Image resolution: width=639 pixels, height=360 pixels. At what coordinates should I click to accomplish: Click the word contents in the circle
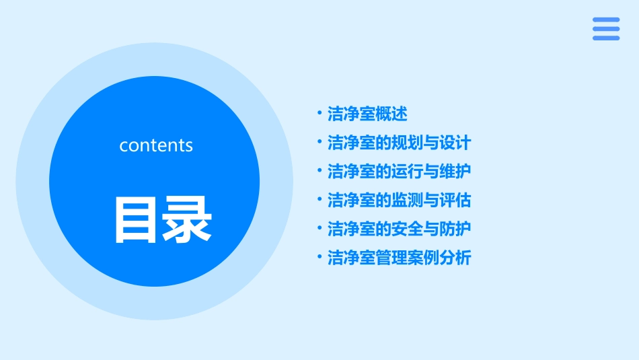(156, 145)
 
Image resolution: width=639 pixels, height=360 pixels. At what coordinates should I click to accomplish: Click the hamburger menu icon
(605, 29)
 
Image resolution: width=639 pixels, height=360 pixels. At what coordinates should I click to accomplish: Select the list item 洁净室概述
(367, 114)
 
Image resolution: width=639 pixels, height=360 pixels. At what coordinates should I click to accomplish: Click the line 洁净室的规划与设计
(399, 143)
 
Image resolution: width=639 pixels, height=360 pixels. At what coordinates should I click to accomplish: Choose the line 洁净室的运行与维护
(399, 171)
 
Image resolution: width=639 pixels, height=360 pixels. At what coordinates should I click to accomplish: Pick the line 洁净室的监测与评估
(399, 200)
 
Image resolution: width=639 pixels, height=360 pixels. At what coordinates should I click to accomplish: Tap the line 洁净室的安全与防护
(399, 229)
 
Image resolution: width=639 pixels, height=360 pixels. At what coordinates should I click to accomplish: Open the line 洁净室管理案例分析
(399, 258)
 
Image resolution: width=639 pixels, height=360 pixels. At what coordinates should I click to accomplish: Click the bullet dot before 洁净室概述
(319, 114)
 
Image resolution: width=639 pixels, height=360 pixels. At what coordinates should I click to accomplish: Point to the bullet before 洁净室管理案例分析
(319, 258)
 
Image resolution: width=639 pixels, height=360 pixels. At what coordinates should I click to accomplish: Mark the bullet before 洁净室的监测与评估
(319, 200)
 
